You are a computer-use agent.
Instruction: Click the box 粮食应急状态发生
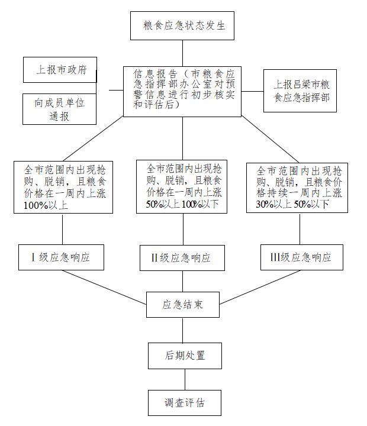(x=182, y=26)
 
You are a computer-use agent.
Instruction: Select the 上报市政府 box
(x=60, y=70)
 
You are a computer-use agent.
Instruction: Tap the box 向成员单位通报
(x=60, y=109)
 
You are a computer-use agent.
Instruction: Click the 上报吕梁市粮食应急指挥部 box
(x=300, y=91)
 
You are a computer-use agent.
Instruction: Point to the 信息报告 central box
(x=182, y=92)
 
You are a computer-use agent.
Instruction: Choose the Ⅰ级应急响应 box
(x=61, y=257)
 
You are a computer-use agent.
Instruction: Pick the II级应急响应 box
(x=182, y=258)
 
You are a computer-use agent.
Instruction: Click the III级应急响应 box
(x=302, y=257)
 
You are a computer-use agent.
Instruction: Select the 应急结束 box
(x=183, y=305)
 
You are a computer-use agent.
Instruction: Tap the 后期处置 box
(x=185, y=356)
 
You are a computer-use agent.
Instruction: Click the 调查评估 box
(x=185, y=403)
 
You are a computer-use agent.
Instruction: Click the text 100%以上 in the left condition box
(x=46, y=205)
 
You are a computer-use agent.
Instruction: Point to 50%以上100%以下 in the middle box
(x=182, y=204)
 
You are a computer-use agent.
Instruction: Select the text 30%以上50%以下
(x=292, y=204)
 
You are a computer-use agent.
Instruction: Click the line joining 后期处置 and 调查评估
(x=185, y=379)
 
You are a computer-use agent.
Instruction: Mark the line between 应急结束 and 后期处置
(x=183, y=330)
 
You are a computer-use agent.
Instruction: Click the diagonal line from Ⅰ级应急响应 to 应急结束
(x=104, y=287)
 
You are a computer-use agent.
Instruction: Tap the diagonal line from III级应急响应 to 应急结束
(x=260, y=287)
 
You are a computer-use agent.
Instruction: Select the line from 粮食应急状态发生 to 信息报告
(x=182, y=53)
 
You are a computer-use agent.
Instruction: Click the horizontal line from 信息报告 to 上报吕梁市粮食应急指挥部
(x=253, y=91)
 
